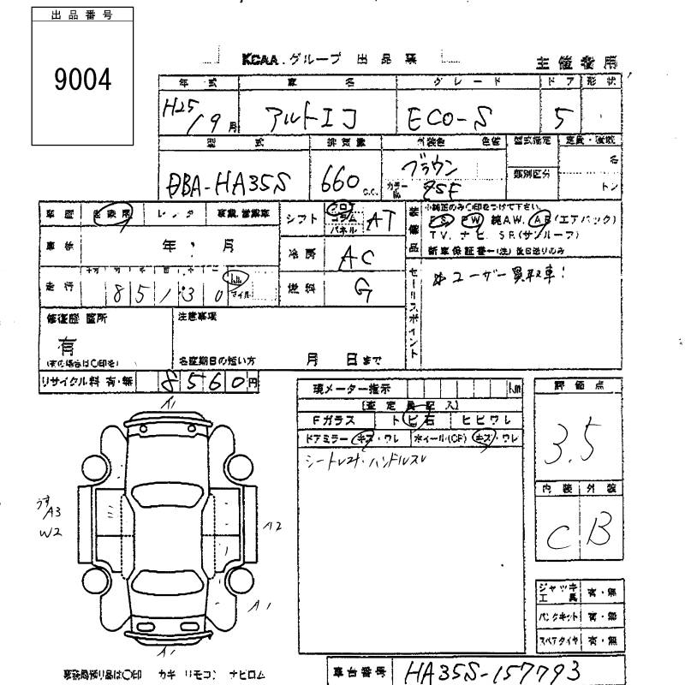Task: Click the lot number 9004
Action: [x=82, y=82]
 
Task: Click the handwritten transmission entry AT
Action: [x=379, y=222]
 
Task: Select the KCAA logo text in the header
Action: [x=260, y=58]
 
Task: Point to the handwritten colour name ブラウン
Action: [x=441, y=166]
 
